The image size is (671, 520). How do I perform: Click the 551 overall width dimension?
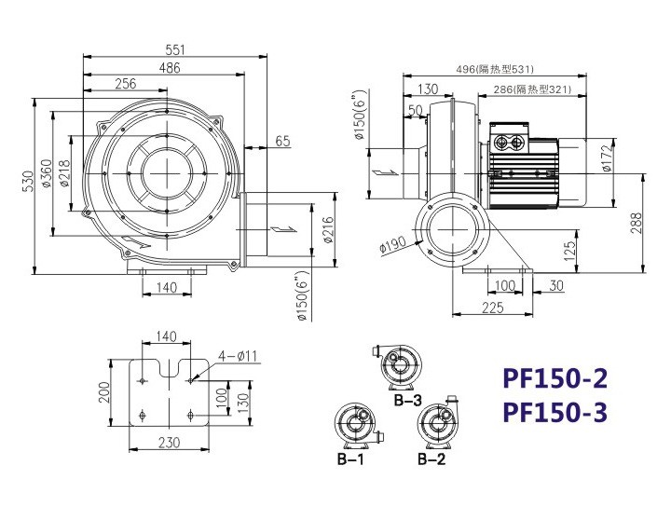pos(175,50)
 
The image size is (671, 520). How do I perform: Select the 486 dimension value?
pos(170,68)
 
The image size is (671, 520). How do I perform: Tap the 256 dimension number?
pos(126,84)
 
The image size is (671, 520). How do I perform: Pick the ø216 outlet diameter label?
pos(328,230)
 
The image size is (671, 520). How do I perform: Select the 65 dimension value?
pos(282,141)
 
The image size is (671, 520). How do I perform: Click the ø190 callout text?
pos(393,244)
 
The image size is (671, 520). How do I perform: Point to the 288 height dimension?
pos(637,223)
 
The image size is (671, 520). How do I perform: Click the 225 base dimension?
pos(493,308)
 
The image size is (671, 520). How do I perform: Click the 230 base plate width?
pos(169,442)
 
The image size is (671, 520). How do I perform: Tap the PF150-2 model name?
pos(555,378)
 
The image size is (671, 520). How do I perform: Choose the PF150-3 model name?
pos(555,413)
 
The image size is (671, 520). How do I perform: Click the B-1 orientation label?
pos(350,459)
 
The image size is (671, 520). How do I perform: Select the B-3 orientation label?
pos(408,400)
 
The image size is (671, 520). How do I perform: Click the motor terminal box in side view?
pos(509,137)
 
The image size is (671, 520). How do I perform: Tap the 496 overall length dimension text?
pos(495,69)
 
